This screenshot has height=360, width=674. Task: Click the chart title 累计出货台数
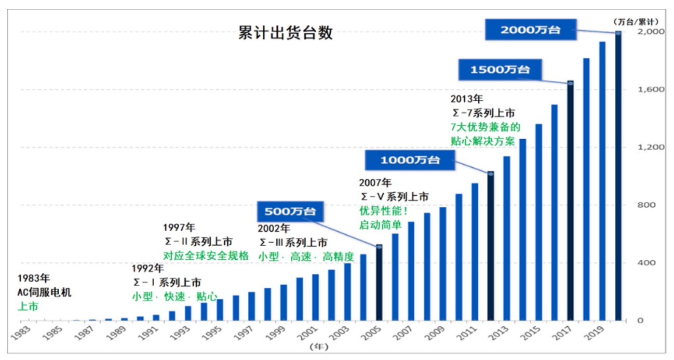pyautogui.click(x=285, y=34)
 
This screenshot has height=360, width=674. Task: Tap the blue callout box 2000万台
pyautogui.click(x=530, y=30)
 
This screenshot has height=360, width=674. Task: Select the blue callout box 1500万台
pyautogui.click(x=500, y=69)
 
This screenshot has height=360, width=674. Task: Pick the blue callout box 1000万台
pyautogui.click(x=410, y=160)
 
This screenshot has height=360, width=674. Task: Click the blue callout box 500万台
pyautogui.click(x=290, y=211)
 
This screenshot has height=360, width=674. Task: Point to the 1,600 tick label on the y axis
pyautogui.click(x=647, y=89)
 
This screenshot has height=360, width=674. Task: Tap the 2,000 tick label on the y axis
pyautogui.click(x=647, y=32)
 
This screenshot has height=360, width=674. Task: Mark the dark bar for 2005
pyautogui.click(x=379, y=283)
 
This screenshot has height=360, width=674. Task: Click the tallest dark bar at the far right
pyautogui.click(x=618, y=176)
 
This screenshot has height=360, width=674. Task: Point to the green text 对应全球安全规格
pyautogui.click(x=206, y=256)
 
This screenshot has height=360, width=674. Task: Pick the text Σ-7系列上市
pyautogui.click(x=482, y=113)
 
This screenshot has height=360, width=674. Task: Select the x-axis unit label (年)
pyautogui.click(x=316, y=345)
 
